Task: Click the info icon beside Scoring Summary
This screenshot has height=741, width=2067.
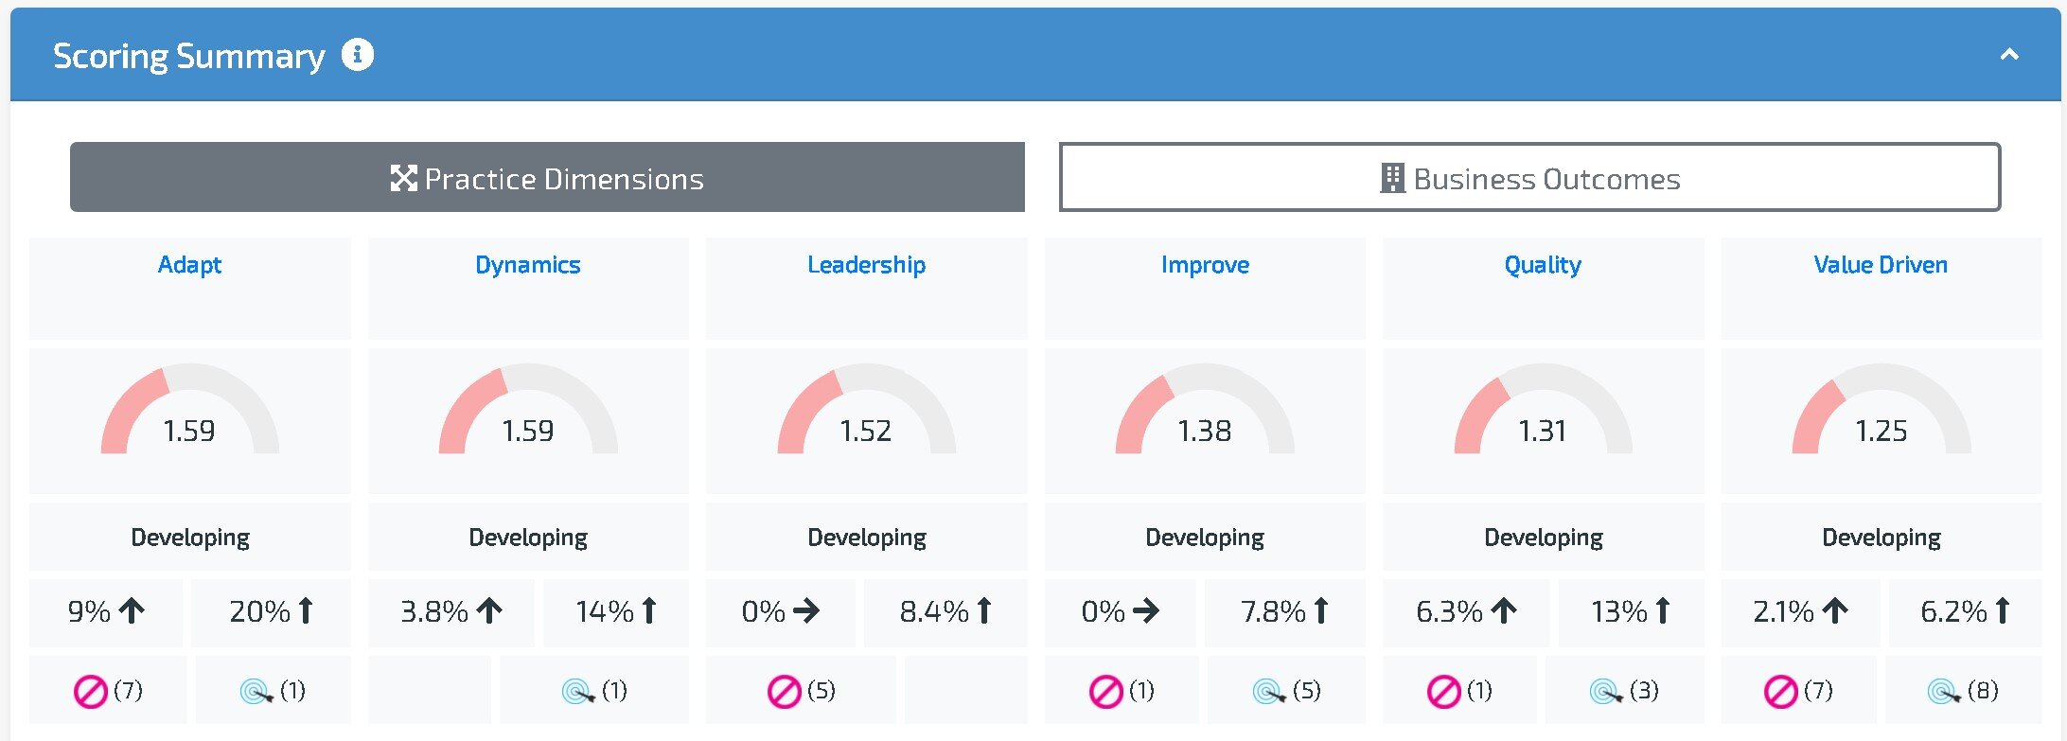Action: coord(358,55)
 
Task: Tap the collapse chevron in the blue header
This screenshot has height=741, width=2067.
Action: coord(2008,55)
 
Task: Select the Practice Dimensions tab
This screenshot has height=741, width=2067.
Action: coord(547,178)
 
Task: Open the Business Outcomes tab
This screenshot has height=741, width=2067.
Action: coord(1529,178)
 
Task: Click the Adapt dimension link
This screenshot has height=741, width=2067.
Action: coord(189,265)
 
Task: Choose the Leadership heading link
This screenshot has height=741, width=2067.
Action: coord(866,265)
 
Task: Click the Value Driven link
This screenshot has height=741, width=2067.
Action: coord(1881,265)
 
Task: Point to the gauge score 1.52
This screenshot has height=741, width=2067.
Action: coord(866,432)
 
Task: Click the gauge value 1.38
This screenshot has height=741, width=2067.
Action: coord(1204,432)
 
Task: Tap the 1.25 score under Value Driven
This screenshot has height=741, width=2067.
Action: coord(1881,432)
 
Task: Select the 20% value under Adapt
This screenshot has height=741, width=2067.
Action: coord(260,611)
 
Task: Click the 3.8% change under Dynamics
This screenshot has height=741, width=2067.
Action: coord(434,611)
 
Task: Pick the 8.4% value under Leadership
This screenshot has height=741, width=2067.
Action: coord(934,611)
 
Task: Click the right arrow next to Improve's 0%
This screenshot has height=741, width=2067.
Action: coord(1146,611)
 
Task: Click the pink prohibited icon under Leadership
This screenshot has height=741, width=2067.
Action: coord(785,692)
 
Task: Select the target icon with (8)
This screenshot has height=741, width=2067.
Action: coord(1943,692)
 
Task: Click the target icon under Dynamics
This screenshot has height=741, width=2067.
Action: coord(576,692)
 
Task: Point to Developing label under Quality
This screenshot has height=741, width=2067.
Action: coord(1543,538)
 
